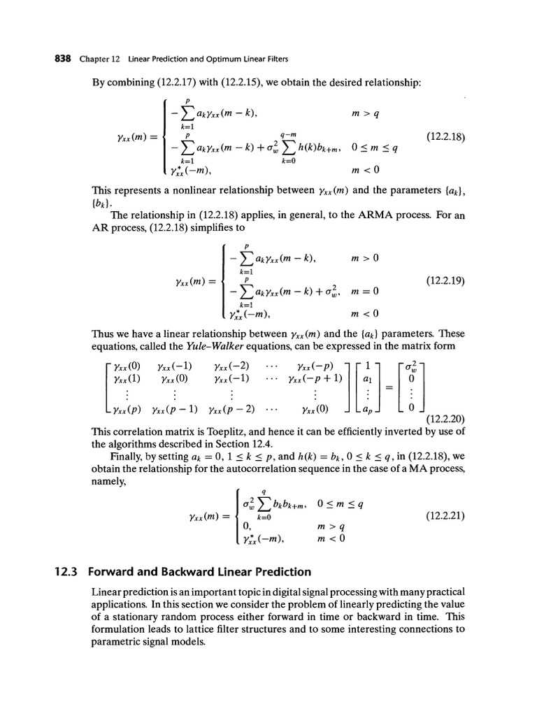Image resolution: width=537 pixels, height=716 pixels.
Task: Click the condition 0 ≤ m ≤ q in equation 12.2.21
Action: (x=343, y=503)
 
